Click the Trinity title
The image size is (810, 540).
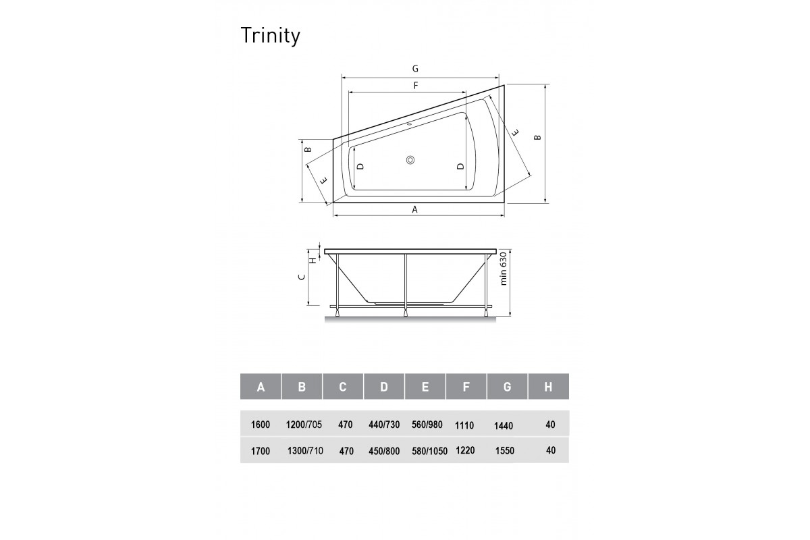coord(270,36)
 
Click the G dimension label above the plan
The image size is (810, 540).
coord(416,68)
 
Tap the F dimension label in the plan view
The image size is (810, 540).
coord(416,86)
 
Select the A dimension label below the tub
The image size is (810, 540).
coord(416,210)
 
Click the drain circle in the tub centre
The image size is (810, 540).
coord(411,160)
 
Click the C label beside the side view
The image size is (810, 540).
coord(303,276)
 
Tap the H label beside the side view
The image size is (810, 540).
coord(313,259)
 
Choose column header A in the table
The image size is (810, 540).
coord(261,387)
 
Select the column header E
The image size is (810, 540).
coord(425,387)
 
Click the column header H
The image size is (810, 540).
coord(548,387)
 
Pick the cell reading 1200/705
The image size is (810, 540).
coord(304,425)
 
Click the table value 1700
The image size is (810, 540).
coord(260,451)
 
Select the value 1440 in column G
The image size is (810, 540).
coord(504,426)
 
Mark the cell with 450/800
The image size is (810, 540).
coord(384,451)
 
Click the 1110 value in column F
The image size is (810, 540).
coord(464,426)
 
